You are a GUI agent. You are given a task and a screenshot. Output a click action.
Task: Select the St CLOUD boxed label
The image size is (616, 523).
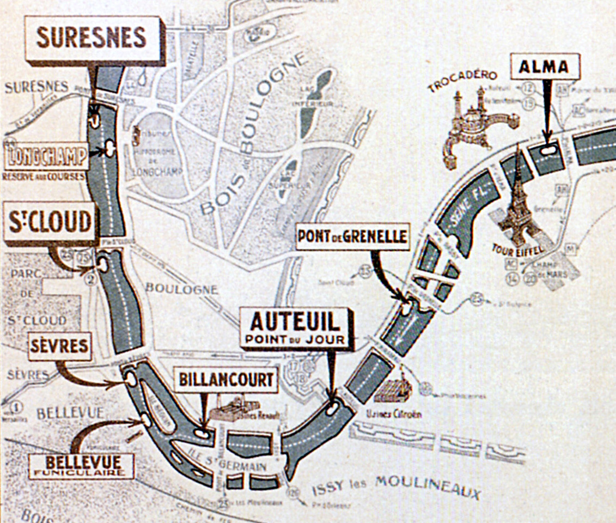[50, 222]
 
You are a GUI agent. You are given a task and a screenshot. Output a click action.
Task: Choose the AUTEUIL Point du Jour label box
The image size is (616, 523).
[295, 327]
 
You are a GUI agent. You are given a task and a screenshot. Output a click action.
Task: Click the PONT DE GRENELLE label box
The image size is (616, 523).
[352, 236]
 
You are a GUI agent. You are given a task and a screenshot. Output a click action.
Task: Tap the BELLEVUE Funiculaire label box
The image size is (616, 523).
[82, 466]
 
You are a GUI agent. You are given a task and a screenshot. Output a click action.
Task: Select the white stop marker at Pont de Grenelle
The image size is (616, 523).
[407, 309]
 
